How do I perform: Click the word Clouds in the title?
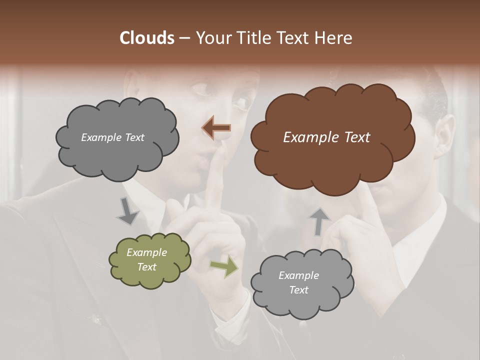pos(146,38)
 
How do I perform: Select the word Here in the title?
pos(334,38)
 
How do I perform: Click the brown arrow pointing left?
pos(216,128)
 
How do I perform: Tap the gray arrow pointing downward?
pos(127,210)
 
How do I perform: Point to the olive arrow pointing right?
pos(223,266)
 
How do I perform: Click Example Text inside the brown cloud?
pos(326,137)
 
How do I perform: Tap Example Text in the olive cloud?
pos(147,260)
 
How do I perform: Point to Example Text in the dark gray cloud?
pos(112,137)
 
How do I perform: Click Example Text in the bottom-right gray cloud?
pos(298,282)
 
